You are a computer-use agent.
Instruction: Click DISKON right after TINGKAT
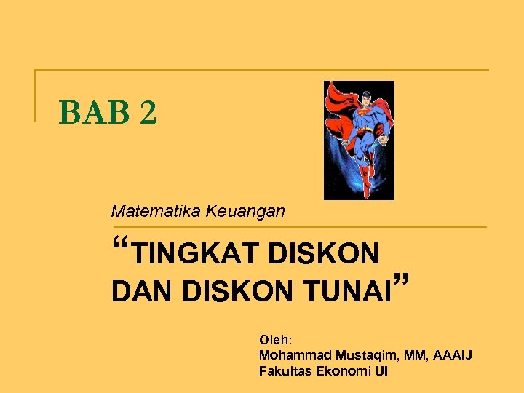pos(324,254)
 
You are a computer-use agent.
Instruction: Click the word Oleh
pos(275,339)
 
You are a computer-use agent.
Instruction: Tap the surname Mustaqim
pos(362,355)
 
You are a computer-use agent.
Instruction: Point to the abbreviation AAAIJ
pos(453,355)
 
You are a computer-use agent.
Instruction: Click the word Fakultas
pos(285,371)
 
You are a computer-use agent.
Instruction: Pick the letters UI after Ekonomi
pos(381,371)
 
